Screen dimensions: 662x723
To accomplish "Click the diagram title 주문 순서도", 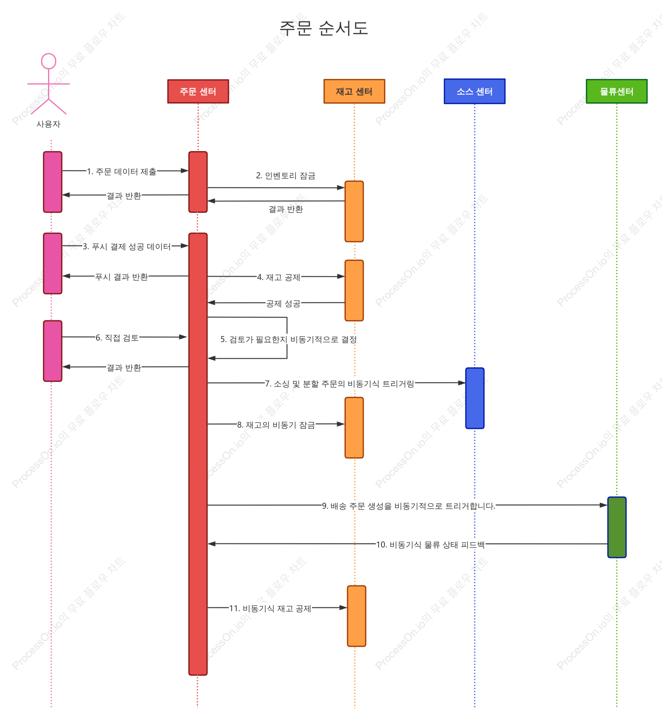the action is tap(324, 28).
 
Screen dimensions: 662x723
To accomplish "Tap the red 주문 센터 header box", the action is tap(198, 92).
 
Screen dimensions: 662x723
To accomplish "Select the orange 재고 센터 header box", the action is tap(354, 92).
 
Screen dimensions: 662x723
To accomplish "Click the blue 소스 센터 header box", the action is tap(475, 92).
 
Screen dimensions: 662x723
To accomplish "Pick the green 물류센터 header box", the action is tap(617, 92).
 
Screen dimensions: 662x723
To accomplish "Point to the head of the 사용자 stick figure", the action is tap(48, 61).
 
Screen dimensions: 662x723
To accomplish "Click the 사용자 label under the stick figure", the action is tap(48, 124).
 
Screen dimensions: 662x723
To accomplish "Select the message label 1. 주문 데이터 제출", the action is tap(122, 171).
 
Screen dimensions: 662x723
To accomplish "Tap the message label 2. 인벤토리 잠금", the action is tap(286, 176).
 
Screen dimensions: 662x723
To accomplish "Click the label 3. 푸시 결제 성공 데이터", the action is tap(127, 247).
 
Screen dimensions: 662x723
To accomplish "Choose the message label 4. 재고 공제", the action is tap(279, 277).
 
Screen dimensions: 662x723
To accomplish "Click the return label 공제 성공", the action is tap(283, 303).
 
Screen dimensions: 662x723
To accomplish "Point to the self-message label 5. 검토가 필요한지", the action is tap(253, 339).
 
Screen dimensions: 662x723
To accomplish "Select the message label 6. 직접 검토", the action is tap(117, 338).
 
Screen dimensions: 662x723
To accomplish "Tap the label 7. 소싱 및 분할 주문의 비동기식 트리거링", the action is tap(339, 384).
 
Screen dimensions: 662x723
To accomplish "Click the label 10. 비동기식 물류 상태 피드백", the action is tap(430, 545).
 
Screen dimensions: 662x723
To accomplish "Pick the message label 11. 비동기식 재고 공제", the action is tap(270, 608).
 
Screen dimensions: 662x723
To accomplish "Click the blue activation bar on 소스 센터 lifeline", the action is tap(475, 398).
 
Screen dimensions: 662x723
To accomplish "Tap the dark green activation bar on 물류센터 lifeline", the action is tap(617, 527).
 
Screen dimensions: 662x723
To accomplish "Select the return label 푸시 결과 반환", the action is tap(122, 277).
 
